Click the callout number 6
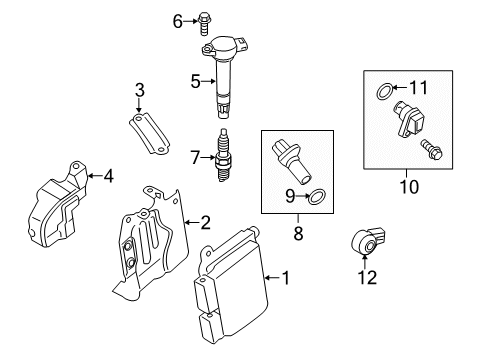pos(178,22)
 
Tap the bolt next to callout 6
pos(203,23)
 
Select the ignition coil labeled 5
pos(225,76)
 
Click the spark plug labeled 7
pos(222,155)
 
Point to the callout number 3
pos(140,90)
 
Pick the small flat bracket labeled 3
pos(149,133)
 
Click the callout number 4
pos(109,176)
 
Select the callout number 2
pos(205,222)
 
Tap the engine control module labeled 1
pos(231,285)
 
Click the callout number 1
pos(286,278)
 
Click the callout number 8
pos(298,233)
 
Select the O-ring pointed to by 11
pos(384,91)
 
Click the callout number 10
pos(409,187)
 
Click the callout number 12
pos(367,278)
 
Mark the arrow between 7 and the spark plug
pos(208,157)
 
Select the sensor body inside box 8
pos(291,162)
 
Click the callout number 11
pos(418,88)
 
